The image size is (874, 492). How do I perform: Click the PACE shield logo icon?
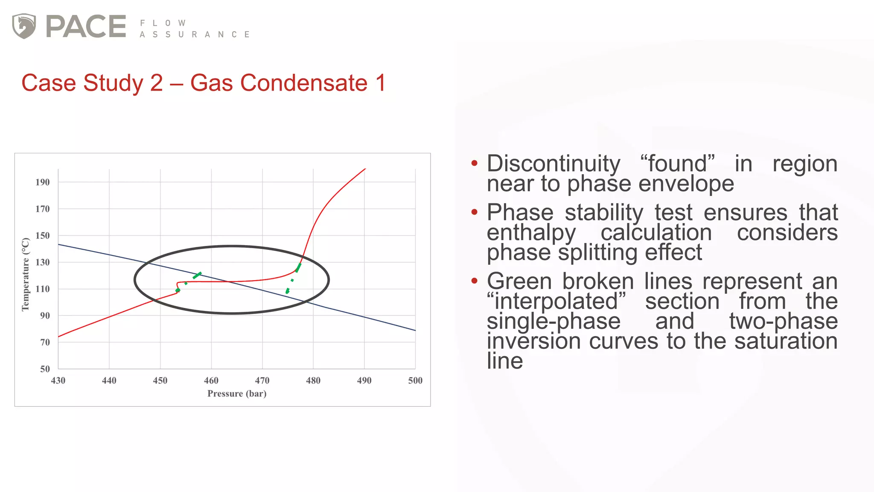click(24, 26)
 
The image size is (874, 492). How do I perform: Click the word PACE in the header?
click(86, 26)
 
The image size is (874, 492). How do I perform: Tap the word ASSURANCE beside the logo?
click(195, 35)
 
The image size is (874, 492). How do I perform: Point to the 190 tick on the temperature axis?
click(42, 182)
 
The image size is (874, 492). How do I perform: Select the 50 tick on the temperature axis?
click(45, 369)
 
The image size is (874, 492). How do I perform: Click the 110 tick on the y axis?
click(42, 289)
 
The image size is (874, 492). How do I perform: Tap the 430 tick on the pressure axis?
click(58, 381)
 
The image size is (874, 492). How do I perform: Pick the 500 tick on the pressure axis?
click(415, 381)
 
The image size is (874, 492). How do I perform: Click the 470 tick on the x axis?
click(262, 381)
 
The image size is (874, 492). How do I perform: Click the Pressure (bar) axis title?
click(237, 394)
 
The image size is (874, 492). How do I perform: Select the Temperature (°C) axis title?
click(26, 274)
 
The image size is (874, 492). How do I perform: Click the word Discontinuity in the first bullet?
click(554, 164)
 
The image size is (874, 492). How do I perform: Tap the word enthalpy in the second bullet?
click(531, 233)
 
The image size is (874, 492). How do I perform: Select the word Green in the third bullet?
click(519, 281)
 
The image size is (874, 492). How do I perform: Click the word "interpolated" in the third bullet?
click(556, 302)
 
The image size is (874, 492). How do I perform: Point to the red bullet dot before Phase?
click(474, 212)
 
